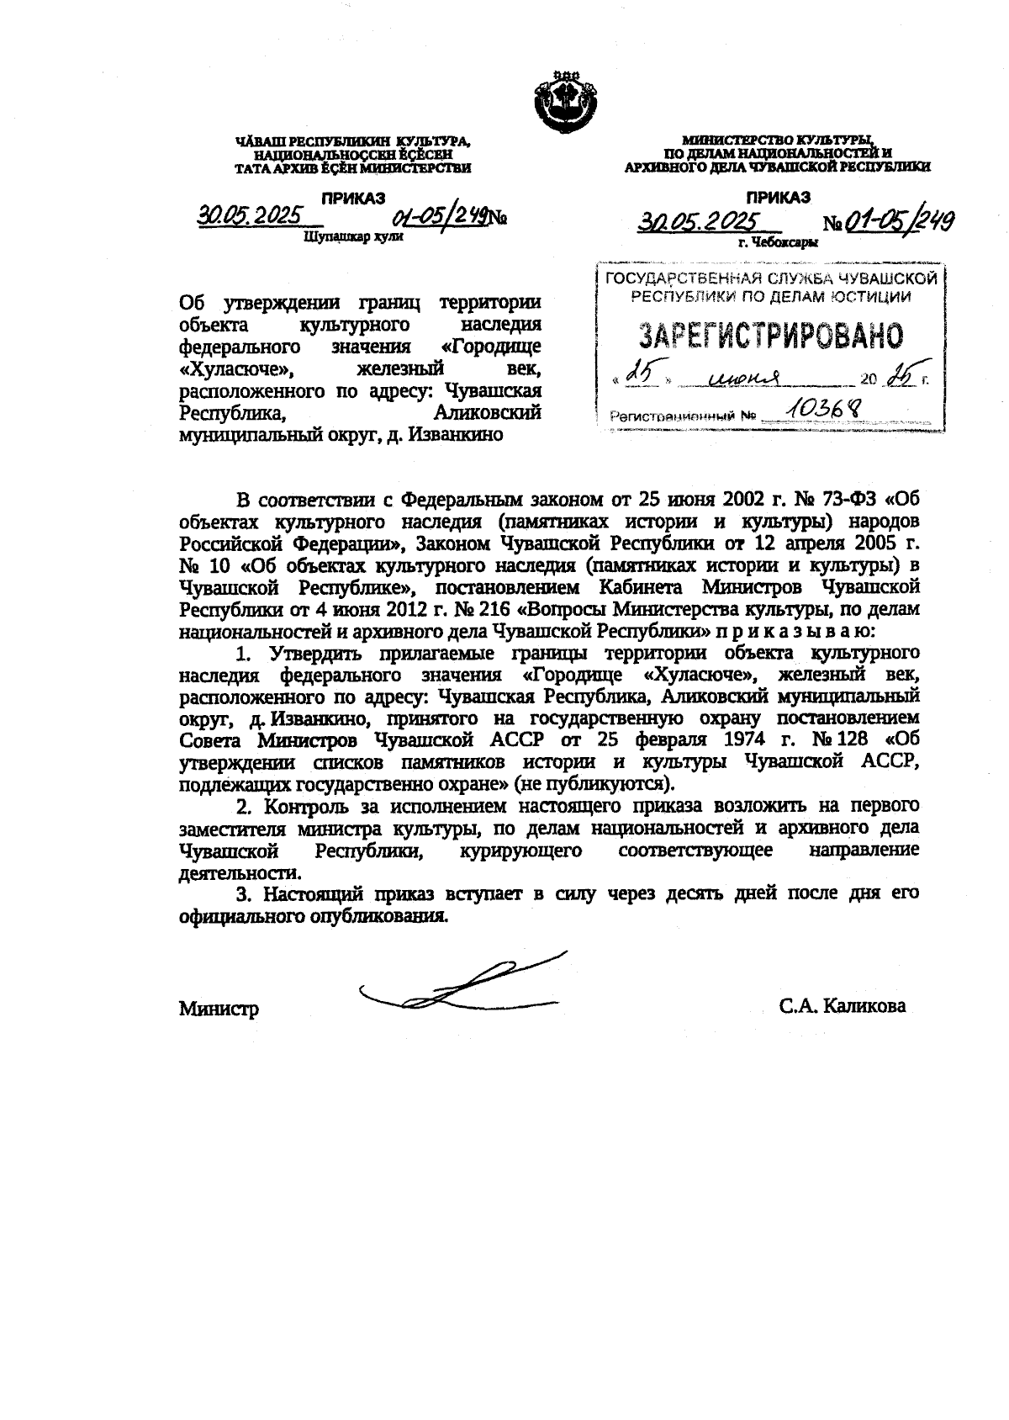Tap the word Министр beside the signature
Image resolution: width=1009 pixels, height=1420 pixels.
point(219,1008)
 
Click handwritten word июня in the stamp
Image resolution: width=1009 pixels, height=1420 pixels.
point(743,379)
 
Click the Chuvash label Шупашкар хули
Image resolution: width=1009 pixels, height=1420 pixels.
point(353,237)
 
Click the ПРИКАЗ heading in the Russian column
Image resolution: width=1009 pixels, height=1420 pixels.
point(778,198)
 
